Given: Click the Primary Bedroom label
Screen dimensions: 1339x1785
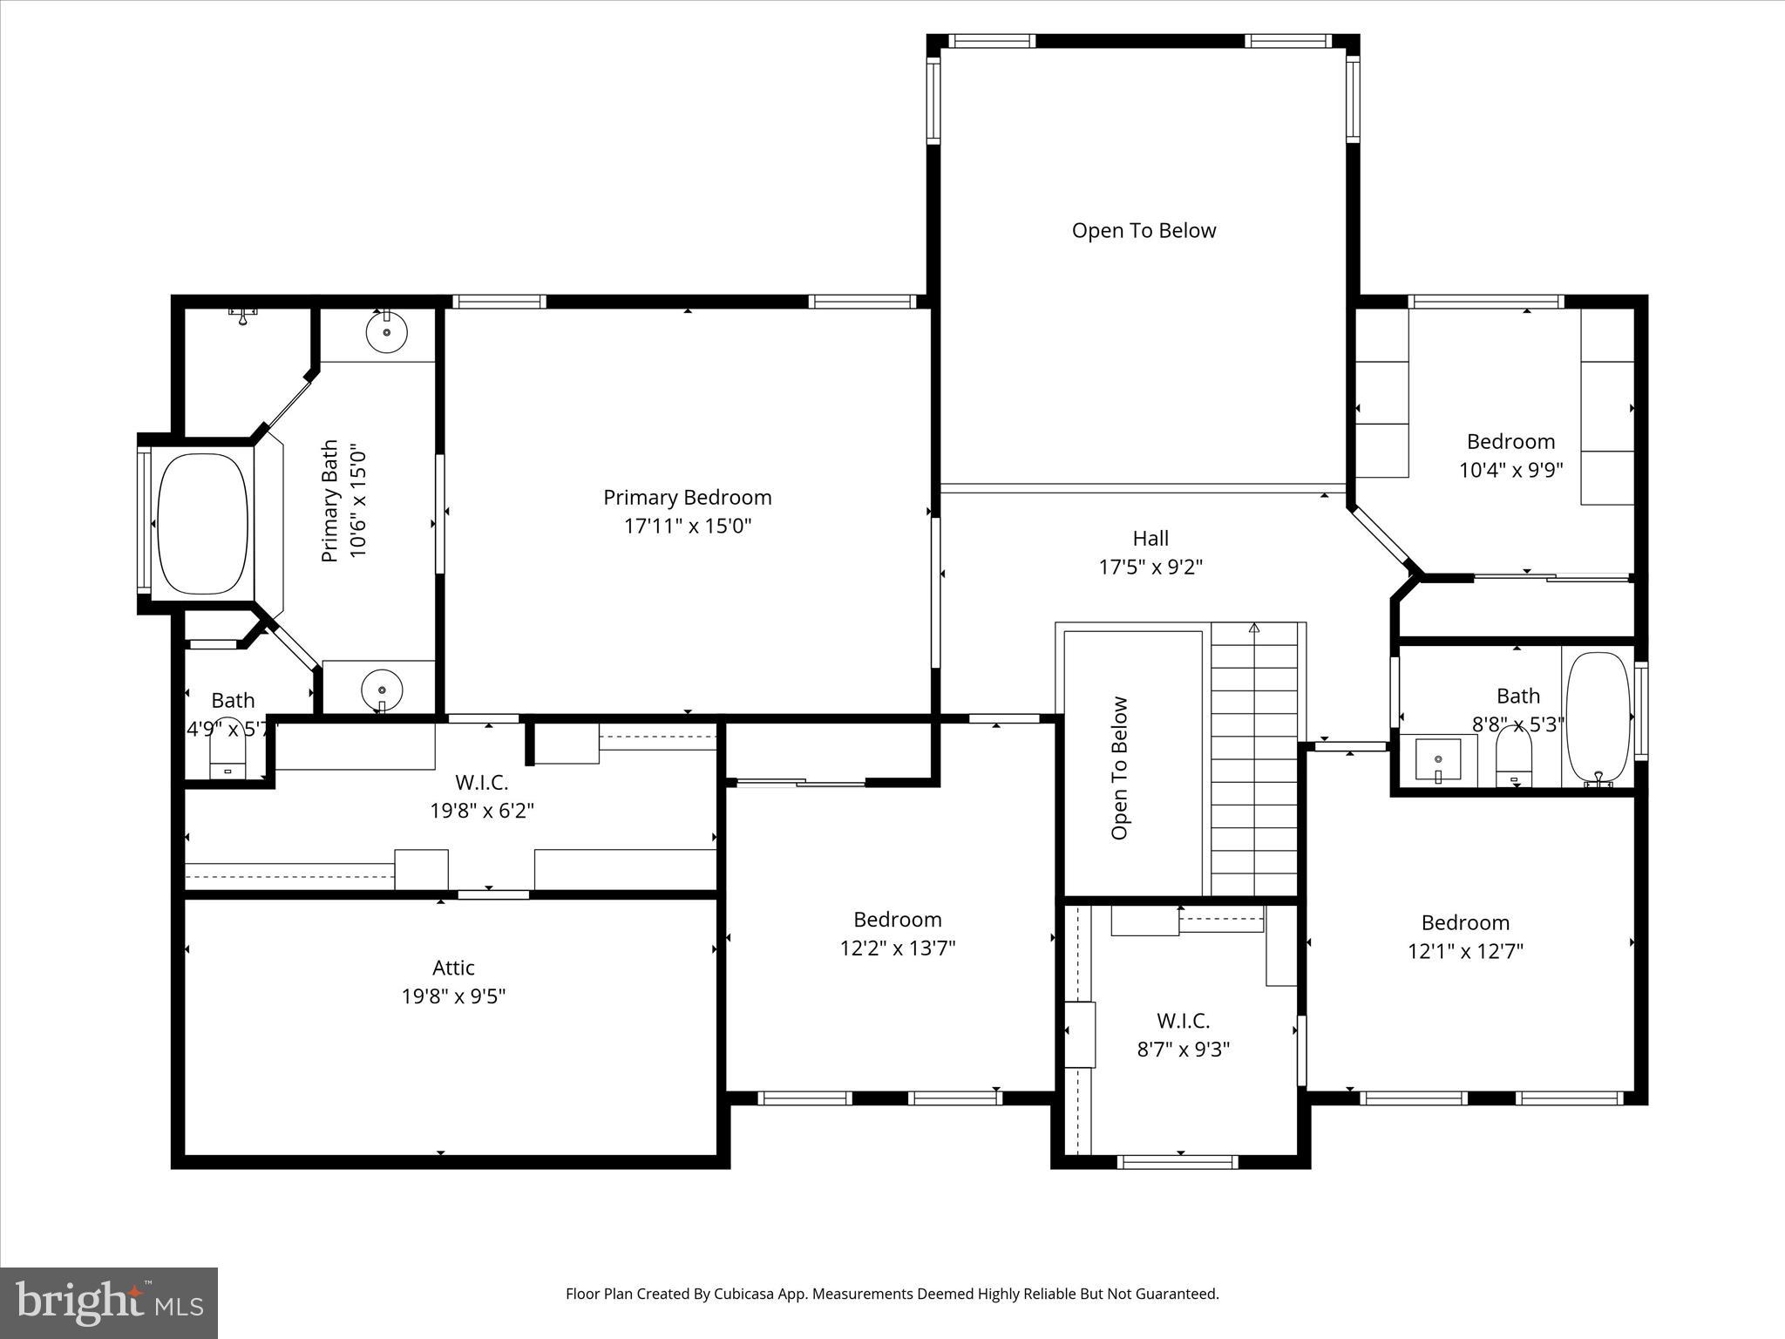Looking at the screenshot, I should click(x=687, y=498).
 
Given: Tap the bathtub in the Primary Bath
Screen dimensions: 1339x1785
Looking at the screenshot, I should click(x=202, y=523).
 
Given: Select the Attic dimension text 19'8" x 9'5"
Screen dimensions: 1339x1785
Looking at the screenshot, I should click(x=453, y=996).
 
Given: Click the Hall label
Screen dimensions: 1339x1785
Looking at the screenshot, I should click(x=1150, y=539).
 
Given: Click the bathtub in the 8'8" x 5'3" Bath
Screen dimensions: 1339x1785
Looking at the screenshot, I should click(x=1597, y=717).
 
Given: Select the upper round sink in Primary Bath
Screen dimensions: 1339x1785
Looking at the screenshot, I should click(x=386, y=333).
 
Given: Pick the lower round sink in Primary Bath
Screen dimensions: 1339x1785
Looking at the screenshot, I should click(x=382, y=689).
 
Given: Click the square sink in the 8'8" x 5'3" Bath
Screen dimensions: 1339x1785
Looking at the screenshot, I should click(x=1437, y=759).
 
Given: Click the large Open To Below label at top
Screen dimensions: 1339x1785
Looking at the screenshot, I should click(x=1144, y=231).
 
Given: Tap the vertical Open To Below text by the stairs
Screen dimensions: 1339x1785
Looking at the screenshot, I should click(x=1120, y=768).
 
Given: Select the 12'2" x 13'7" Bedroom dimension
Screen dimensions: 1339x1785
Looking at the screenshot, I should click(x=898, y=948).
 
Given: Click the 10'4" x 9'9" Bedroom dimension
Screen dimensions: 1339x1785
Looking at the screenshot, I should click(x=1510, y=471).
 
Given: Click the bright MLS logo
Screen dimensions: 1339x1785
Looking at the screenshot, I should click(x=109, y=1303).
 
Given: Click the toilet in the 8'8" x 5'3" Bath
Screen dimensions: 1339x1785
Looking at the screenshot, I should click(x=1514, y=757).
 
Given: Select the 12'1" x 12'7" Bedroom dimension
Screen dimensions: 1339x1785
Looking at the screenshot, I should click(x=1465, y=951).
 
